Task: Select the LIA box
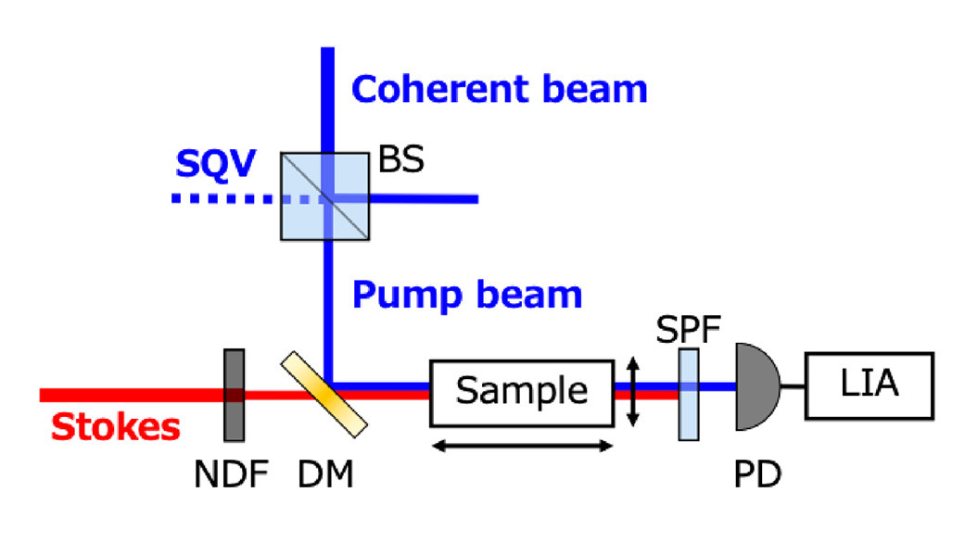(869, 385)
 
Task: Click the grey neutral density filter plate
(235, 395)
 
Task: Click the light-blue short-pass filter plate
(689, 393)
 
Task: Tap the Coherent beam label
(499, 89)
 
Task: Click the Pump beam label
(467, 294)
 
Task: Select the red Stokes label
(115, 428)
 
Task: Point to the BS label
(400, 159)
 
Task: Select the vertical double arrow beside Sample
(632, 393)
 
